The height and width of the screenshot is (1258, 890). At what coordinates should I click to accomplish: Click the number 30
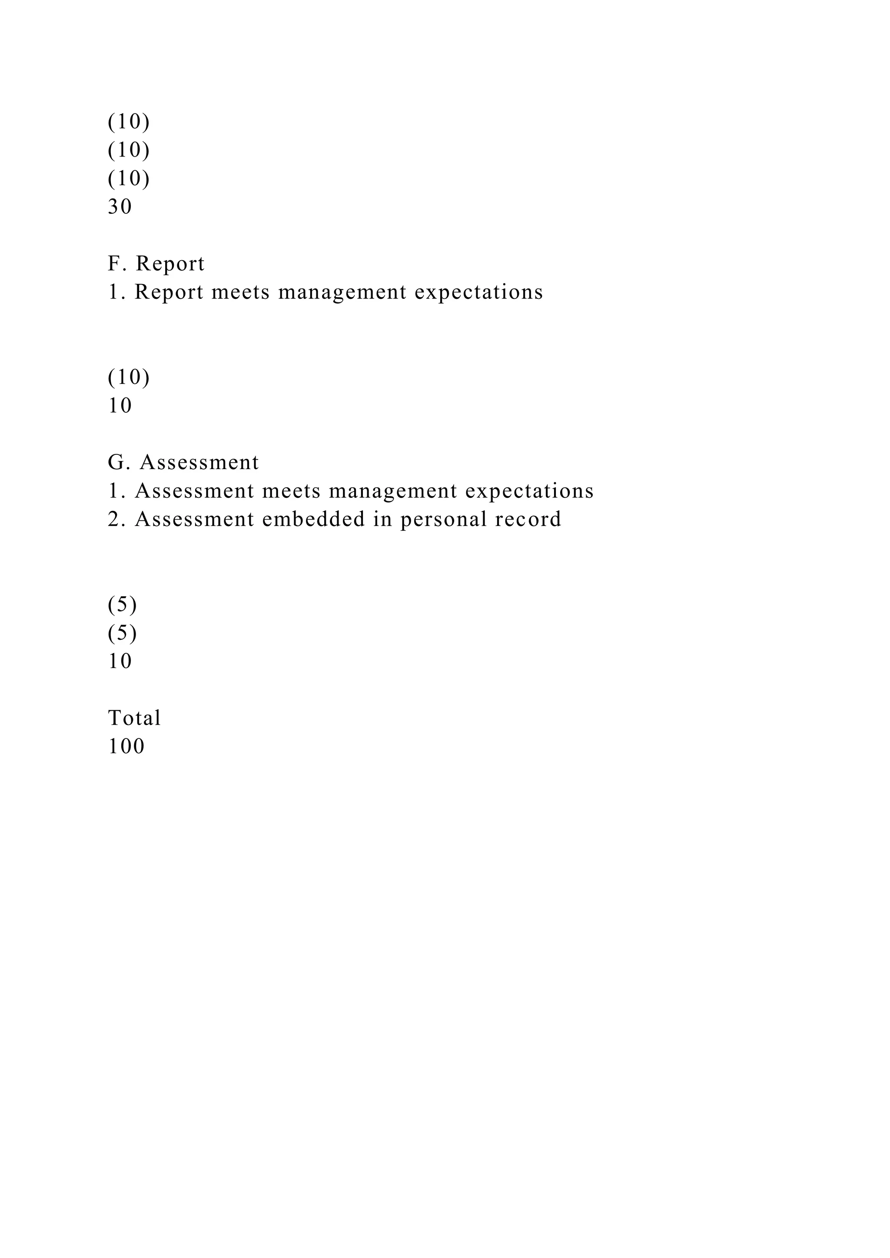[x=120, y=207]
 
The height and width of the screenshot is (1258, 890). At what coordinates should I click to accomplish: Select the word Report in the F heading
[x=170, y=264]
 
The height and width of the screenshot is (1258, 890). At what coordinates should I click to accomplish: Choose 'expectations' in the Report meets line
[x=478, y=293]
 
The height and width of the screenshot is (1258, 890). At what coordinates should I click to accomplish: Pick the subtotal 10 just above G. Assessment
[x=120, y=406]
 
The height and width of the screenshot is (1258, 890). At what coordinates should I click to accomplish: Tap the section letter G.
[x=117, y=463]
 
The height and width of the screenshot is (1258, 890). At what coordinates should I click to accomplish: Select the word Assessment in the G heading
[x=199, y=463]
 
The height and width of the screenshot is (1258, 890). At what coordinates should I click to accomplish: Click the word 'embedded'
[x=313, y=520]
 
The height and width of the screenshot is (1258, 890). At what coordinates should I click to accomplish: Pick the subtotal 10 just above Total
[x=120, y=662]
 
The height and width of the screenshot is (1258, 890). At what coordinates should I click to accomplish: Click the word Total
[x=134, y=718]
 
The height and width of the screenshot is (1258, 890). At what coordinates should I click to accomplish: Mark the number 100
[x=126, y=747]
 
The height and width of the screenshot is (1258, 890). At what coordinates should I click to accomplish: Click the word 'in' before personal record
[x=383, y=520]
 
